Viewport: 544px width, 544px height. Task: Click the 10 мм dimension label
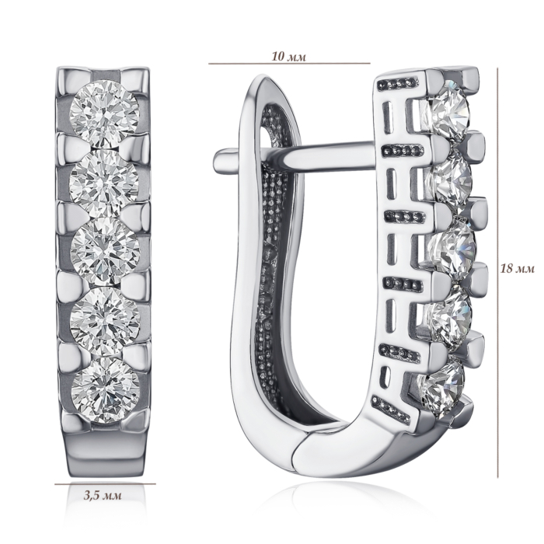pos(288,56)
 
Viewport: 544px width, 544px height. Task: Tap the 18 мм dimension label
pos(517,268)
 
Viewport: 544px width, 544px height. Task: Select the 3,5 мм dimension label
pos(103,495)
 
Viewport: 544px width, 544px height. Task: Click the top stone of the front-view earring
pos(104,113)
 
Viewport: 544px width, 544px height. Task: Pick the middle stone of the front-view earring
pos(105,251)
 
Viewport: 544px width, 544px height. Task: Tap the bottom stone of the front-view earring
pos(105,390)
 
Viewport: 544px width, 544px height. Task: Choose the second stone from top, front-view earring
pos(104,183)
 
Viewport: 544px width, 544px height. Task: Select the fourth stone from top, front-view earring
pos(105,320)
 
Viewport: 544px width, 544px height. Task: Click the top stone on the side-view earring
pos(448,110)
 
